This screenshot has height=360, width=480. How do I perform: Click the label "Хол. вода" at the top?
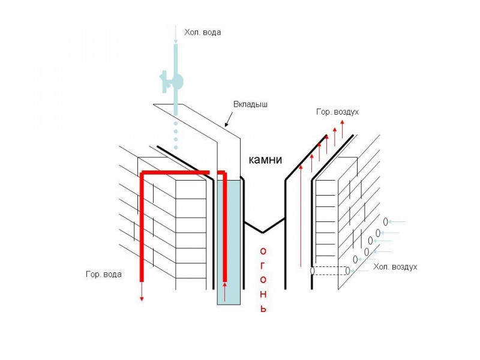coord(203,32)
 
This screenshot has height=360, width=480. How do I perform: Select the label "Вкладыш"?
coord(250,104)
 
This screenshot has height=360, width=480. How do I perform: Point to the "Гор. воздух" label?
coord(338,112)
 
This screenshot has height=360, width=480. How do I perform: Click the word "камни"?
coord(266,160)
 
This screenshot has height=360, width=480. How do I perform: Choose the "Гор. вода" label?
coord(104,274)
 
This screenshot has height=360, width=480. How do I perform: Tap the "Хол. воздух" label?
coord(395,266)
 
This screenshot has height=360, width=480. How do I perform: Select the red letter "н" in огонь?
coord(262,295)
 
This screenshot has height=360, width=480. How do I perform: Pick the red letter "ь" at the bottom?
coord(262,309)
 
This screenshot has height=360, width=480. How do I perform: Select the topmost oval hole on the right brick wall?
coord(386,222)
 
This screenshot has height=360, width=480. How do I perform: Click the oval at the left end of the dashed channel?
coord(312,271)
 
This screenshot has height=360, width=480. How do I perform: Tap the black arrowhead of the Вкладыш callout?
coord(226,125)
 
